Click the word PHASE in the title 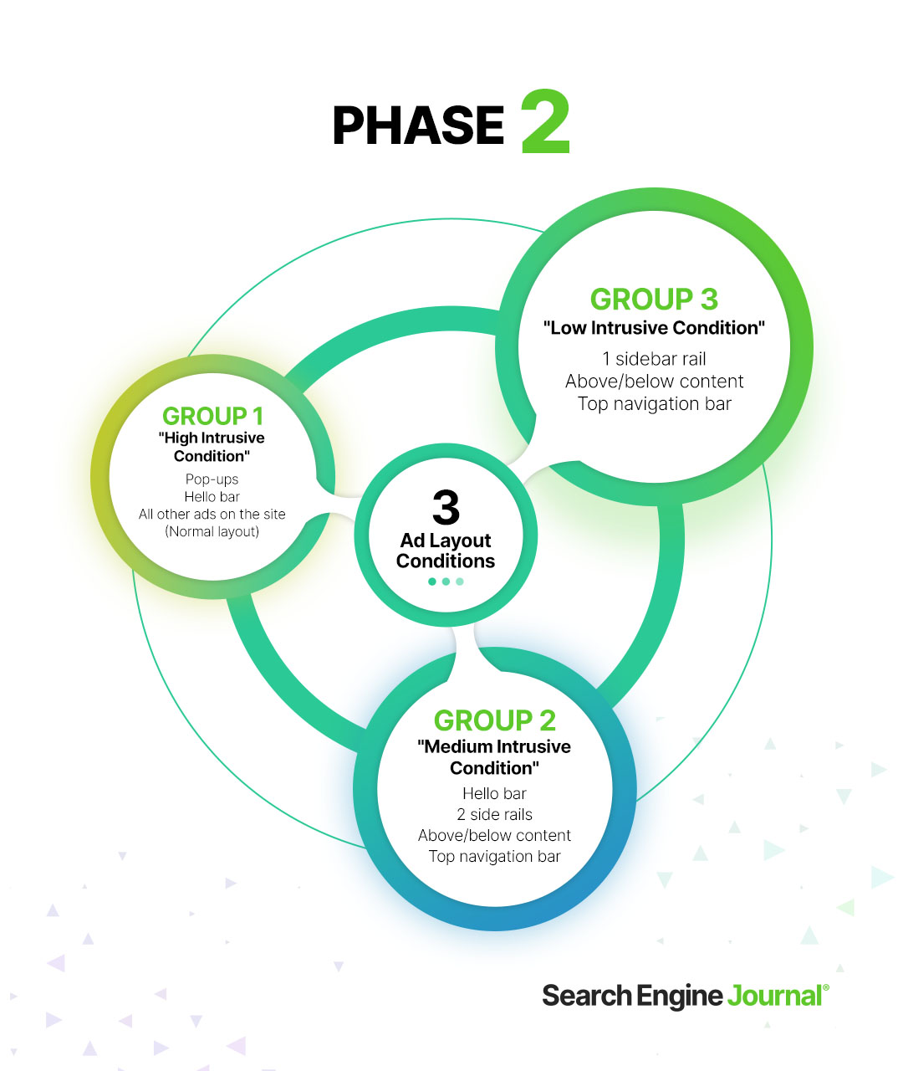point(418,126)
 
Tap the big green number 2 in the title point(545,123)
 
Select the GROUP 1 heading point(212,416)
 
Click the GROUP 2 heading point(494,720)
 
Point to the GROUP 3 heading point(654,300)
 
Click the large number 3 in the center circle point(446,507)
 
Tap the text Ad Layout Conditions point(446,551)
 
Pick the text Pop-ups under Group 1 point(212,479)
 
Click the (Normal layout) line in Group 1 point(212,531)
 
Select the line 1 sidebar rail point(654,359)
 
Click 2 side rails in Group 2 point(494,814)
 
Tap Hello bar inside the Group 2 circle point(494,793)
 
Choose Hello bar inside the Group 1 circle point(212,497)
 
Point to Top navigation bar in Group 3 point(654,404)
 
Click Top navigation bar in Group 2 point(494,856)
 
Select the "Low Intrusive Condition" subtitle point(654,328)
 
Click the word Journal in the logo point(774,996)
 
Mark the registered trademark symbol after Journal point(826,988)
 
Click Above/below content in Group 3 point(654,382)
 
